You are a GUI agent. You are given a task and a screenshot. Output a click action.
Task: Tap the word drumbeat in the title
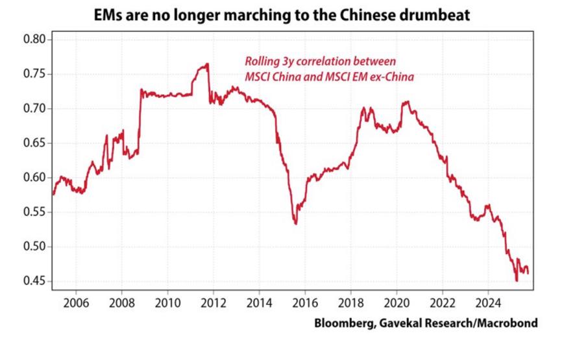tap(443, 14)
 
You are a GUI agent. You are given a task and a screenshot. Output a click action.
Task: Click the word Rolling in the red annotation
tap(262, 62)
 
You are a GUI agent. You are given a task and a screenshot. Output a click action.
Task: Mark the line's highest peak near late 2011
tap(207, 64)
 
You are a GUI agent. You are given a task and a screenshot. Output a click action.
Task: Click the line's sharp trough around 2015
tap(296, 224)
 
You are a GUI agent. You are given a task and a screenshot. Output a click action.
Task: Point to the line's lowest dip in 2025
tap(516, 280)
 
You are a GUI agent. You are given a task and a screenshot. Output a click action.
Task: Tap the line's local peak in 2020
tap(406, 102)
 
